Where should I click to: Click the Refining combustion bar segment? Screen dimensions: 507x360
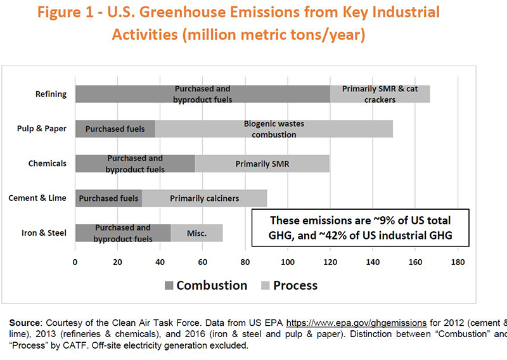[x=203, y=94]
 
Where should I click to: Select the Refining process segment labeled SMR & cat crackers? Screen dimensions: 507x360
[x=380, y=94]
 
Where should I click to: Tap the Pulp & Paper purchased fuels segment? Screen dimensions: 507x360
[x=115, y=129]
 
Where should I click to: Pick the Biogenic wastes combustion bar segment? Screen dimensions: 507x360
[x=274, y=129]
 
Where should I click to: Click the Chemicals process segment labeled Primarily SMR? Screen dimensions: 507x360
[x=262, y=164]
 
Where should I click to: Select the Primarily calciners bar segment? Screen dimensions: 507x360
[x=204, y=198]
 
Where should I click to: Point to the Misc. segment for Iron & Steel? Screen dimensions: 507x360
[x=196, y=233]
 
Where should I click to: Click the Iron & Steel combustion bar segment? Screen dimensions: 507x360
[x=123, y=233]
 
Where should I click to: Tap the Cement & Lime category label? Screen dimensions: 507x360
[x=37, y=198]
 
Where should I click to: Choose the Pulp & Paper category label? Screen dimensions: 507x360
[x=42, y=129]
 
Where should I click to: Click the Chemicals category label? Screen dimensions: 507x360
[x=47, y=164]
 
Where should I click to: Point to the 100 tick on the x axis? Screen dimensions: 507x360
[x=288, y=262]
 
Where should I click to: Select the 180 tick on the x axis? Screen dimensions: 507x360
[x=458, y=262]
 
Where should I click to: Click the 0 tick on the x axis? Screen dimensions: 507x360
[x=75, y=262]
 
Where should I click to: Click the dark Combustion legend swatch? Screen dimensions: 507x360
[x=169, y=286]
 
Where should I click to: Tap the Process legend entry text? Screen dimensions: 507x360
[x=295, y=285]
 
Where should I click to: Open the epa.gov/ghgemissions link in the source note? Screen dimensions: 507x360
[x=356, y=323]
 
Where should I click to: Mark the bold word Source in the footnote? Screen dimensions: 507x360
[x=24, y=323]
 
